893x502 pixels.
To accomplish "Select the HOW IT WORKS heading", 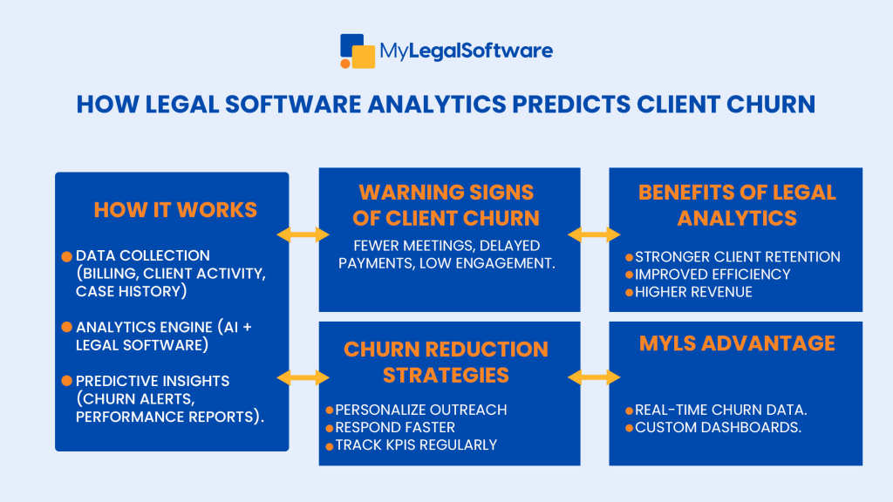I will point(175,210).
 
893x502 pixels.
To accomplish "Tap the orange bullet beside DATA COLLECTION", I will point(66,256).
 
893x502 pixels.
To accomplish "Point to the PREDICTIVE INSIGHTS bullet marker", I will point(66,381).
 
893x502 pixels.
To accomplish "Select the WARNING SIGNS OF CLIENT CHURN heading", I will point(449,204).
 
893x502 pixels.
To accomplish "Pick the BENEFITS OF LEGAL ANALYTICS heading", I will point(737,204).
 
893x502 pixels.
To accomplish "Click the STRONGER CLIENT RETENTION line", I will point(737,257).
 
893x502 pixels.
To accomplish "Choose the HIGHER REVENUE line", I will point(693,292).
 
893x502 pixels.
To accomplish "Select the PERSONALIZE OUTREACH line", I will point(420,410).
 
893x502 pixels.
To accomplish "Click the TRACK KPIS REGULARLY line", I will point(416,444).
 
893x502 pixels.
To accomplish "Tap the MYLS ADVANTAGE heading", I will point(737,343).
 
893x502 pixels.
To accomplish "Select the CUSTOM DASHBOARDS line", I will point(718,427).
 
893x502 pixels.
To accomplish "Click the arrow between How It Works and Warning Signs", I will point(303,234).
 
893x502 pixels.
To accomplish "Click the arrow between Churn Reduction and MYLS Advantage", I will point(594,377).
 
